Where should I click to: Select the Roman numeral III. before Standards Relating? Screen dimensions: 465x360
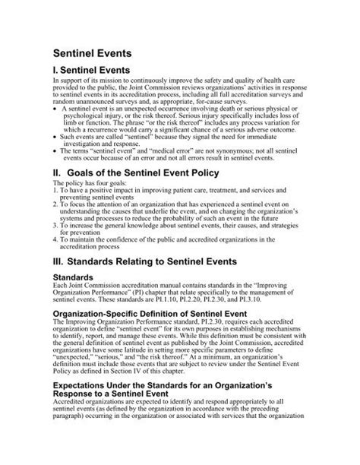[x=60, y=261]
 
